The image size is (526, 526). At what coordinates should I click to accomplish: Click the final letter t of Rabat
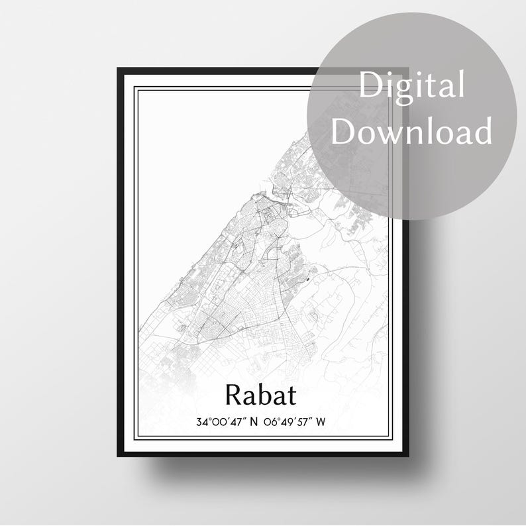[x=291, y=396]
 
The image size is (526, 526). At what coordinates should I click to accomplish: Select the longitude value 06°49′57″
[x=288, y=422]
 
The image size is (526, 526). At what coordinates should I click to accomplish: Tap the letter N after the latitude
[x=254, y=422]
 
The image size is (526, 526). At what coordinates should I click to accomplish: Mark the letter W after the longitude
[x=321, y=422]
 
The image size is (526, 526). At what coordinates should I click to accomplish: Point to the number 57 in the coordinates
[x=303, y=422]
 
